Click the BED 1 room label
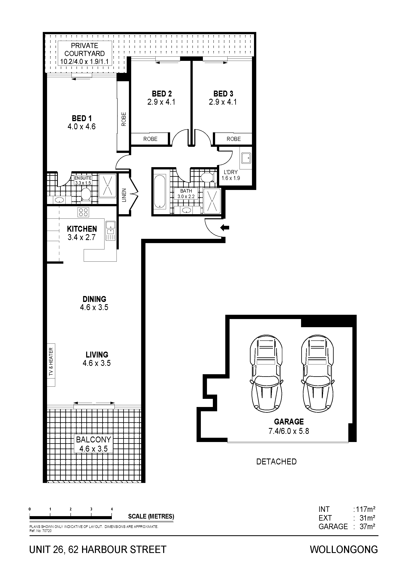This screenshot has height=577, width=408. (x=82, y=118)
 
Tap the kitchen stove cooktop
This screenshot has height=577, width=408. (x=83, y=212)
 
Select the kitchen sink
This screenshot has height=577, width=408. (x=110, y=231)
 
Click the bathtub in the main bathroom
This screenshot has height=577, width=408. (x=160, y=192)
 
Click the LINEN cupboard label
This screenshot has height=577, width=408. (x=124, y=195)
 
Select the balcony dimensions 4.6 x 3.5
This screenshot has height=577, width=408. (x=93, y=449)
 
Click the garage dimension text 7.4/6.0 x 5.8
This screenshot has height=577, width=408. (x=289, y=431)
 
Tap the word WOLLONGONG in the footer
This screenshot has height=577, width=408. (x=344, y=550)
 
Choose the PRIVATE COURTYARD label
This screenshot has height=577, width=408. (x=85, y=49)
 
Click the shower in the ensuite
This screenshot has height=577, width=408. (x=108, y=185)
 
